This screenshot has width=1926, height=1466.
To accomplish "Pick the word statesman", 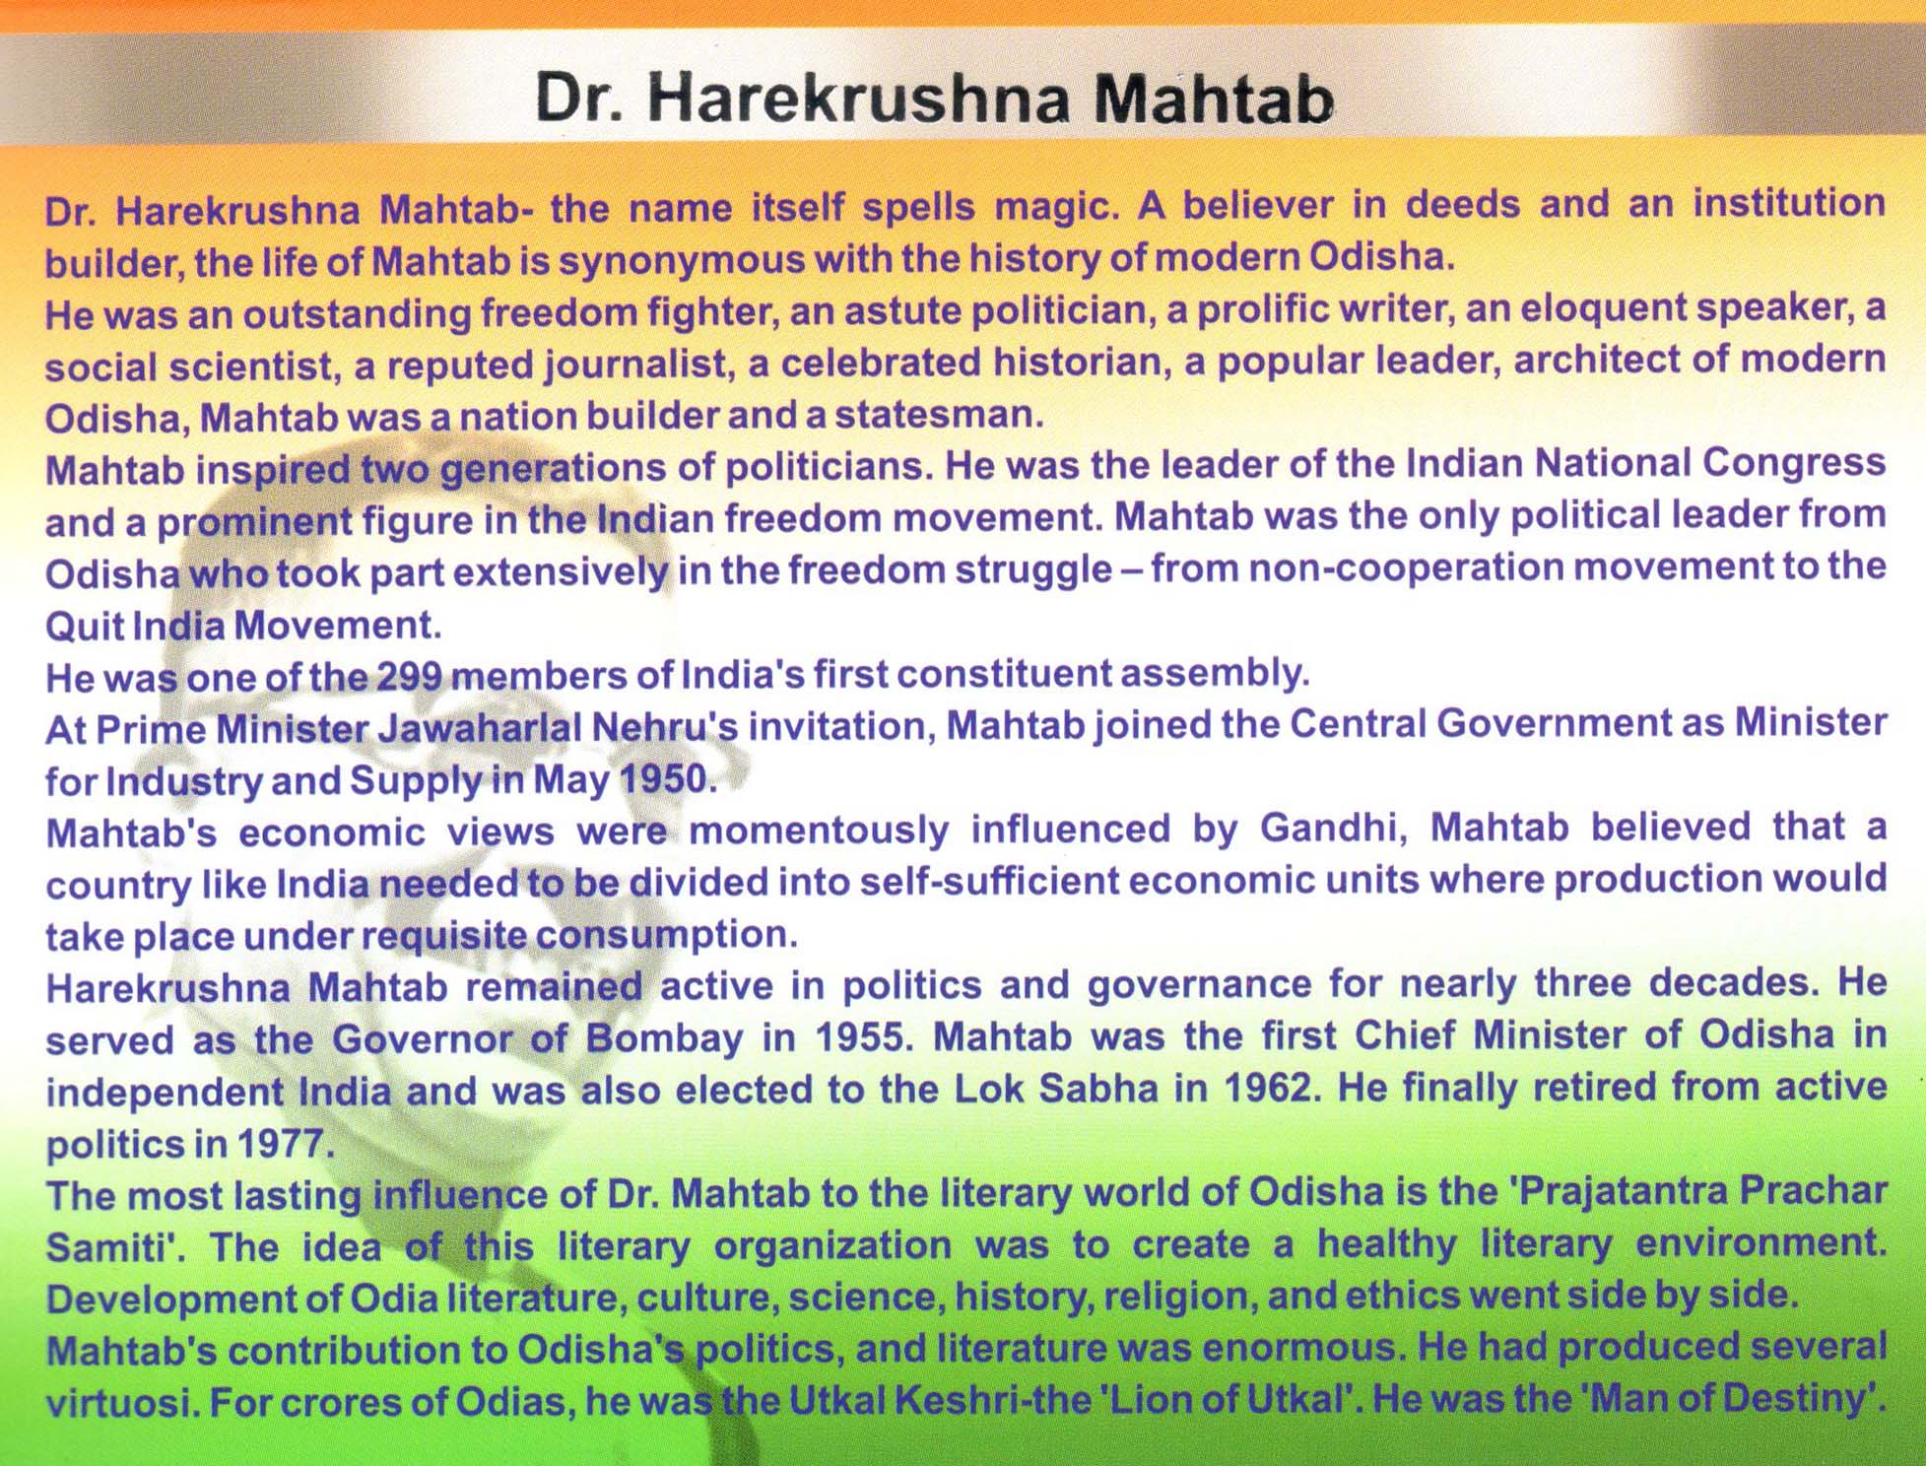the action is [937, 415].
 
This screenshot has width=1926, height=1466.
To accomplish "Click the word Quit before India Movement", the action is [83, 625].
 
